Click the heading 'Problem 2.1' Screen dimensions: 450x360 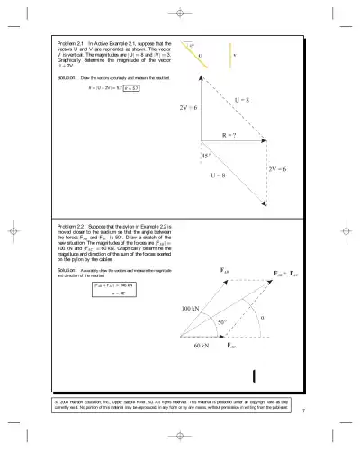tap(69, 42)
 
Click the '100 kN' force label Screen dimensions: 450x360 tap(190, 308)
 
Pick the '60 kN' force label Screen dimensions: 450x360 tap(202, 345)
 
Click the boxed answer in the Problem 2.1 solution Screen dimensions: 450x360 tap(131, 88)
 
